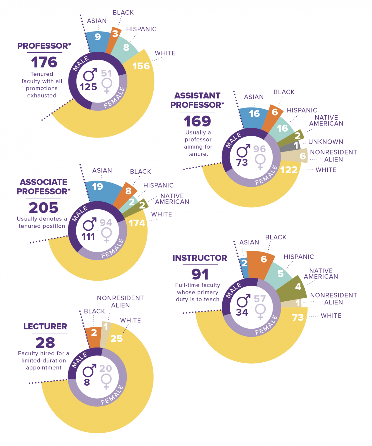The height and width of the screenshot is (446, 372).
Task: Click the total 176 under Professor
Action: point(44,62)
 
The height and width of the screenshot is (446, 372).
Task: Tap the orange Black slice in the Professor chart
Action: point(114,37)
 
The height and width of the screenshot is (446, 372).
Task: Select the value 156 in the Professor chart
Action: point(141,66)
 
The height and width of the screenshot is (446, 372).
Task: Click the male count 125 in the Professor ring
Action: point(89,87)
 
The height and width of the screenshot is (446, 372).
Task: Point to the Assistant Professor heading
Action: point(197,100)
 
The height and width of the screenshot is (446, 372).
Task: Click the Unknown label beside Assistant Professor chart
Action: point(325,142)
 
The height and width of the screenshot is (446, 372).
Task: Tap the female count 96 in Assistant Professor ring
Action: point(259,149)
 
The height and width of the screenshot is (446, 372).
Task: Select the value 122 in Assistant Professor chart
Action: point(289,170)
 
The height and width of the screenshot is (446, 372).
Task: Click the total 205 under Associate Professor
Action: point(43,208)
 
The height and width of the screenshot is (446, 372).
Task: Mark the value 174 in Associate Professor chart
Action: point(137,223)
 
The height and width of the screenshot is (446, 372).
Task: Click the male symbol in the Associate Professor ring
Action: point(90,224)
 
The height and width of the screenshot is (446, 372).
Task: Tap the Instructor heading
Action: point(200,258)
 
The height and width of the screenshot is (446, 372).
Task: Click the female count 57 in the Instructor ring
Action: point(260,299)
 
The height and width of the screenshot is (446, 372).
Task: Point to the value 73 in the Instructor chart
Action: point(298,317)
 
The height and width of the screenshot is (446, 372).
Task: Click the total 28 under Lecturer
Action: point(45,343)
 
